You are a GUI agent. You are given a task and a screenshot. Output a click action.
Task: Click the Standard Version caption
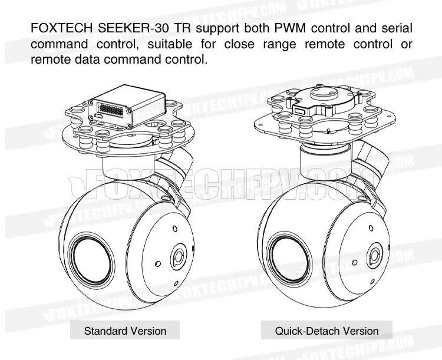(125, 331)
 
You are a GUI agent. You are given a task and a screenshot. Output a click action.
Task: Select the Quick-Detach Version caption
(326, 331)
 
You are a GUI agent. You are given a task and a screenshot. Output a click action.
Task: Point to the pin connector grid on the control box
(110, 110)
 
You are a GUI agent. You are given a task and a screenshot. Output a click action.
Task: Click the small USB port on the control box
(99, 117)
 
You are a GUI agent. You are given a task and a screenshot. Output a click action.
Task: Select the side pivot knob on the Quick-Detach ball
(374, 256)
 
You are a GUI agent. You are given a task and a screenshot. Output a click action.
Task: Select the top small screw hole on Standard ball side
(175, 229)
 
